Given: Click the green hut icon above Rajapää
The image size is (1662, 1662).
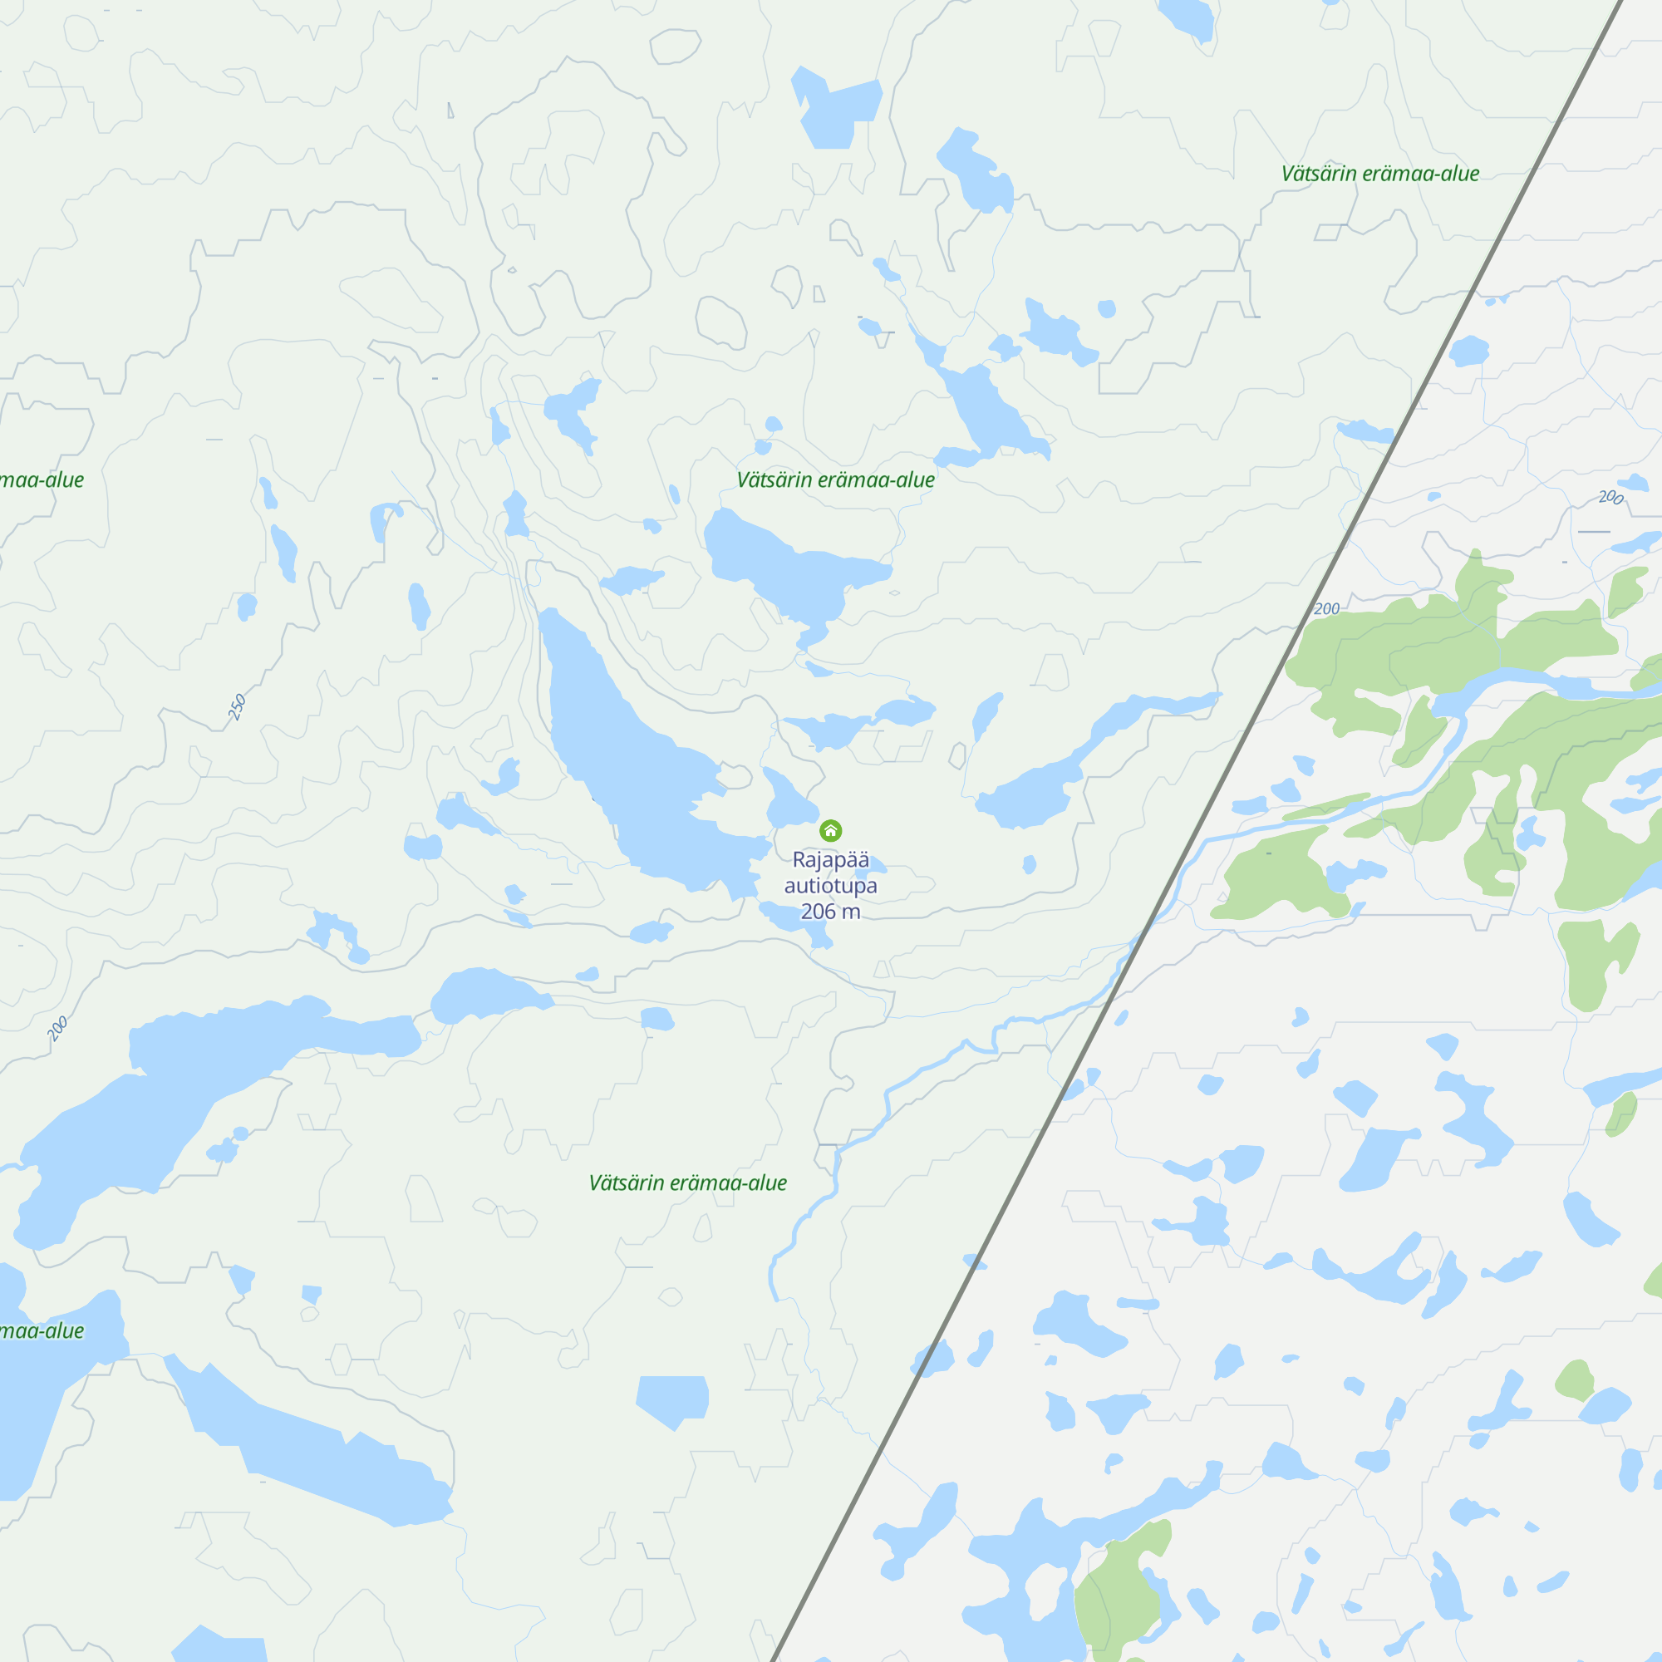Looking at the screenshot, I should pyautogui.click(x=830, y=830).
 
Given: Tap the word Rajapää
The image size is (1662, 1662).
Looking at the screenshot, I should pyautogui.click(x=830, y=859).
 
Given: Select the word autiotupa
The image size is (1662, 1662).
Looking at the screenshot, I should pyautogui.click(x=830, y=885).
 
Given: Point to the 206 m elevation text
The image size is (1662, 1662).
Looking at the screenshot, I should pyautogui.click(x=830, y=911).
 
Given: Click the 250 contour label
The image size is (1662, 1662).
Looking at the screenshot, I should pyautogui.click(x=238, y=706).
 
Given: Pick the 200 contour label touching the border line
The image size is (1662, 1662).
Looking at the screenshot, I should pyautogui.click(x=1326, y=609).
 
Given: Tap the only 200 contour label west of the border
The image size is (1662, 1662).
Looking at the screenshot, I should pyautogui.click(x=57, y=1028).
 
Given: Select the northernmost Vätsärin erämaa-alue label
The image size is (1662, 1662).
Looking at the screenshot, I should pyautogui.click(x=1379, y=174).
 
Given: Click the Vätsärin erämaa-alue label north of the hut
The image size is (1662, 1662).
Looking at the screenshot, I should pyautogui.click(x=835, y=480).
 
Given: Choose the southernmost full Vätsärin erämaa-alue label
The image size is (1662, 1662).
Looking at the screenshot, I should pyautogui.click(x=687, y=1183).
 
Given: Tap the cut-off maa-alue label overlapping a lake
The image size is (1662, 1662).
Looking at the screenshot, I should pyautogui.click(x=42, y=1330).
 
